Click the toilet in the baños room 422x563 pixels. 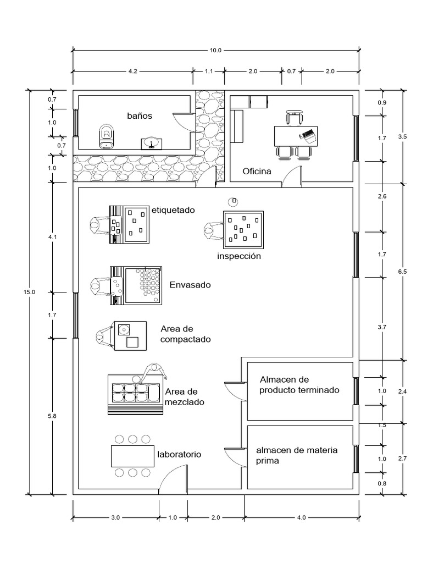pos(107,136)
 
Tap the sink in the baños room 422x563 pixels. pos(151,143)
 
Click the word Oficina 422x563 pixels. pos(257,172)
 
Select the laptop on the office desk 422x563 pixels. pos(308,134)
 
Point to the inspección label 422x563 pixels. pos(238,256)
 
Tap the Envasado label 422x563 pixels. pos(190,285)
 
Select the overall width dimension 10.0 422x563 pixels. pos(215,51)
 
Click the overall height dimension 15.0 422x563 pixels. pos(29,292)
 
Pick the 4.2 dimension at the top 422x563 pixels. pos(132,71)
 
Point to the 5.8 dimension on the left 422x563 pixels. pos(52,416)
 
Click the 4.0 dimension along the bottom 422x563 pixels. pos(302,517)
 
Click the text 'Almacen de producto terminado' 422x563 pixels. pos(299,385)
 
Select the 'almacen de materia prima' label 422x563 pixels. pos(296,455)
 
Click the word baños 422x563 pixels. pos(139,116)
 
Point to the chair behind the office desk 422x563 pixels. pos(295,117)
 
